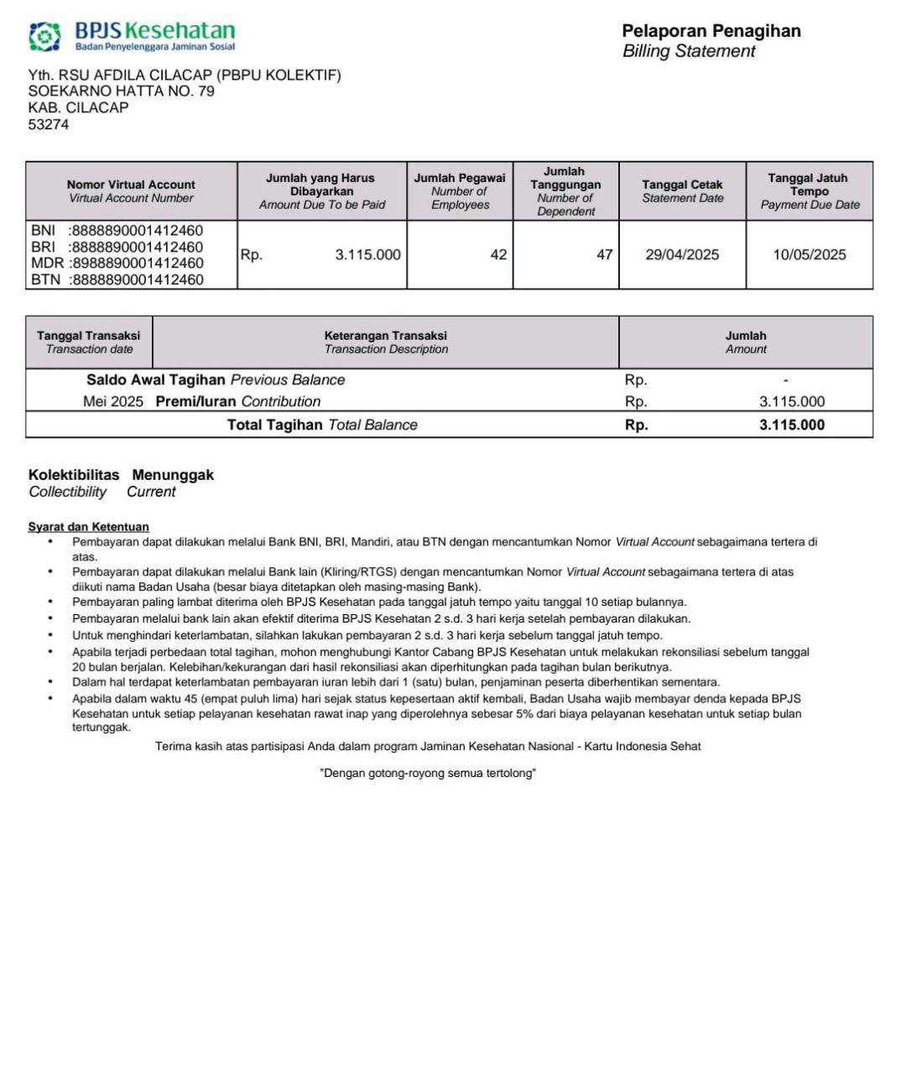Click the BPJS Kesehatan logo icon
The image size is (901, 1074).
[44, 37]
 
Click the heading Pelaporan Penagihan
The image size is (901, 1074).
[711, 31]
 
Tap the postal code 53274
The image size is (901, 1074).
[49, 124]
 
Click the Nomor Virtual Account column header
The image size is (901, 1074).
[131, 191]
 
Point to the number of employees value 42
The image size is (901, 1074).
[498, 254]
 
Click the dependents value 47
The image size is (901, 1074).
[604, 254]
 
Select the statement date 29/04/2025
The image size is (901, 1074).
[682, 254]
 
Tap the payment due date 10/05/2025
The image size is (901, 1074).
[810, 254]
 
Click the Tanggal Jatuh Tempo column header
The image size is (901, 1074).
[809, 191]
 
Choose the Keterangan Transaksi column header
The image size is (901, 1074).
[386, 341]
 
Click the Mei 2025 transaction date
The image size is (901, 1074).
[113, 401]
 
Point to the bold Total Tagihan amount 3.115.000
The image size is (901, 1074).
[792, 425]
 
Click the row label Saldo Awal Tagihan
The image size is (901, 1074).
[156, 379]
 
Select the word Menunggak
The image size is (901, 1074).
[173, 475]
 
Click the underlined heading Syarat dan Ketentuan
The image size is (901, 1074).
[89, 527]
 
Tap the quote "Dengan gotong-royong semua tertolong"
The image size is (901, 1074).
[428, 773]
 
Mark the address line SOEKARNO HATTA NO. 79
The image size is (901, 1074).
[122, 91]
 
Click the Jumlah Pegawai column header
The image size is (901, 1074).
[460, 191]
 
